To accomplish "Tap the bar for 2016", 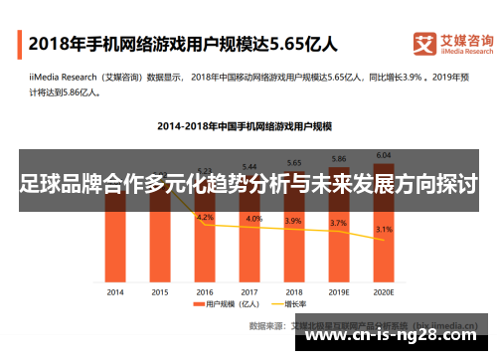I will pyautogui.click(x=205, y=249).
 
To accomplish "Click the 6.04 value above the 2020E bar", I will pyautogui.click(x=384, y=154).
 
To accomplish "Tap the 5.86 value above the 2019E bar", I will pyautogui.click(x=339, y=158).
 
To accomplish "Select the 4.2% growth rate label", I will pyautogui.click(x=205, y=217).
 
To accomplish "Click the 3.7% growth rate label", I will pyautogui.click(x=339, y=224).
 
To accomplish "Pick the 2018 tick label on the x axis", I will pyautogui.click(x=294, y=292).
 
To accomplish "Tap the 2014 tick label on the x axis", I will pyautogui.click(x=115, y=292).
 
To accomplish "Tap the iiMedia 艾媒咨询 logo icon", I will pyautogui.click(x=423, y=44).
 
